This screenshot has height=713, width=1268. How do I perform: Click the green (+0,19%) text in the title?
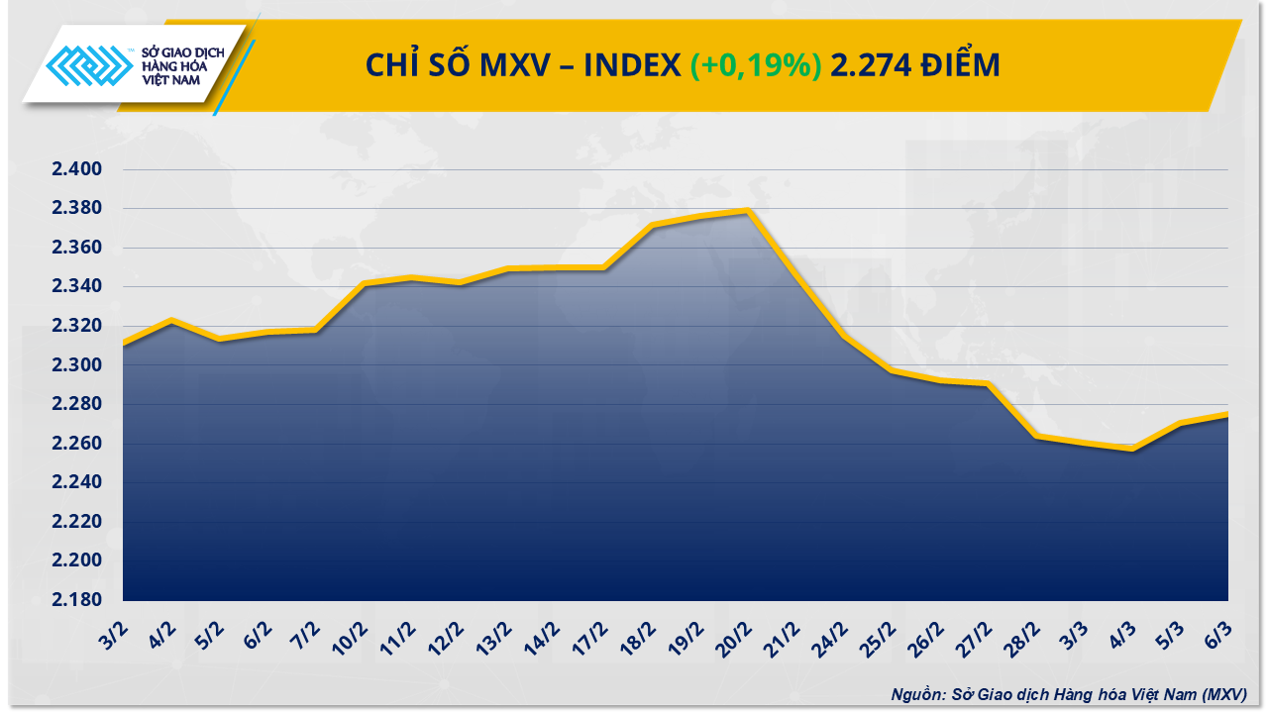pos(756,65)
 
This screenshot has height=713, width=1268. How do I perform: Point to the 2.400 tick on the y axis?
pos(77,170)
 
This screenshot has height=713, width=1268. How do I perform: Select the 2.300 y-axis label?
pos(77,365)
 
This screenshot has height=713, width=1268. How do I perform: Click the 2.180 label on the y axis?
pos(77,600)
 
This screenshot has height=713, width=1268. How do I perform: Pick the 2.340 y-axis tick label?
pos(77,287)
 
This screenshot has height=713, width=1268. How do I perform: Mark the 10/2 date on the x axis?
pos(351,634)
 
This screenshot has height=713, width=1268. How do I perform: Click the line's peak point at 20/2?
pos(748,210)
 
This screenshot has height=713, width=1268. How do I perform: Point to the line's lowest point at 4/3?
pos(1132,449)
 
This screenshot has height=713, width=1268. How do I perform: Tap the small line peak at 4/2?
pos(171,320)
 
